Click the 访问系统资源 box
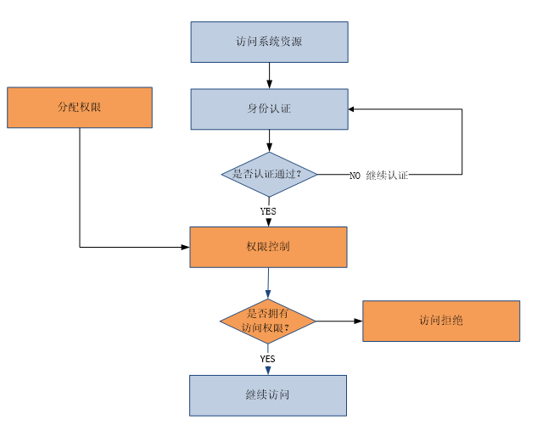[269, 42]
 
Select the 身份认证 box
[269, 109]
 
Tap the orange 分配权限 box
[80, 108]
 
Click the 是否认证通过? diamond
[269, 174]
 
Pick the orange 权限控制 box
[268, 247]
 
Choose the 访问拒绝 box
[441, 321]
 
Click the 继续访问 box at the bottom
[268, 395]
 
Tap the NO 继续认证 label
[378, 175]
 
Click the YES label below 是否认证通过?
[268, 211]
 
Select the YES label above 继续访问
[267, 359]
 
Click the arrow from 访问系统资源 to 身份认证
[269, 75]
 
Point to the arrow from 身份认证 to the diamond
[269, 140]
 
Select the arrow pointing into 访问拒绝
[339, 321]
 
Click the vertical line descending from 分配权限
[80, 187]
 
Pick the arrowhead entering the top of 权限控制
[268, 222]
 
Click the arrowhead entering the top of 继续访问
[267, 371]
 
